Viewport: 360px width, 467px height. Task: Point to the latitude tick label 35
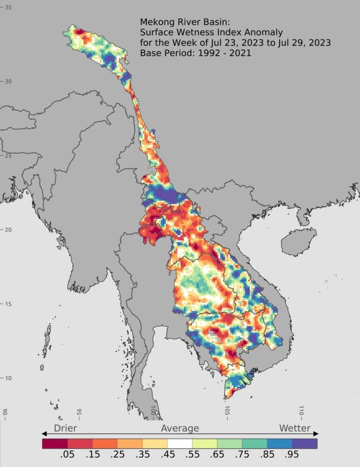8,8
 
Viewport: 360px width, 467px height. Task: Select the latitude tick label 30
8,82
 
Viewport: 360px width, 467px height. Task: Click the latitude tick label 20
8,230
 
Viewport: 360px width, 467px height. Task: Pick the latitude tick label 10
8,378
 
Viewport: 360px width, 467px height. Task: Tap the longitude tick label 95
79,413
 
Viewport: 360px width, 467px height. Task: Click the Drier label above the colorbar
65,428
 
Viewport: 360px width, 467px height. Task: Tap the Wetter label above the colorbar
295,428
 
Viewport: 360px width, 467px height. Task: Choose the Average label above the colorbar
180,428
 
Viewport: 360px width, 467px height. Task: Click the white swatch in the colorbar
180,443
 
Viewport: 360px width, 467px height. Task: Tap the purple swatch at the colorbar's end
305,443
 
